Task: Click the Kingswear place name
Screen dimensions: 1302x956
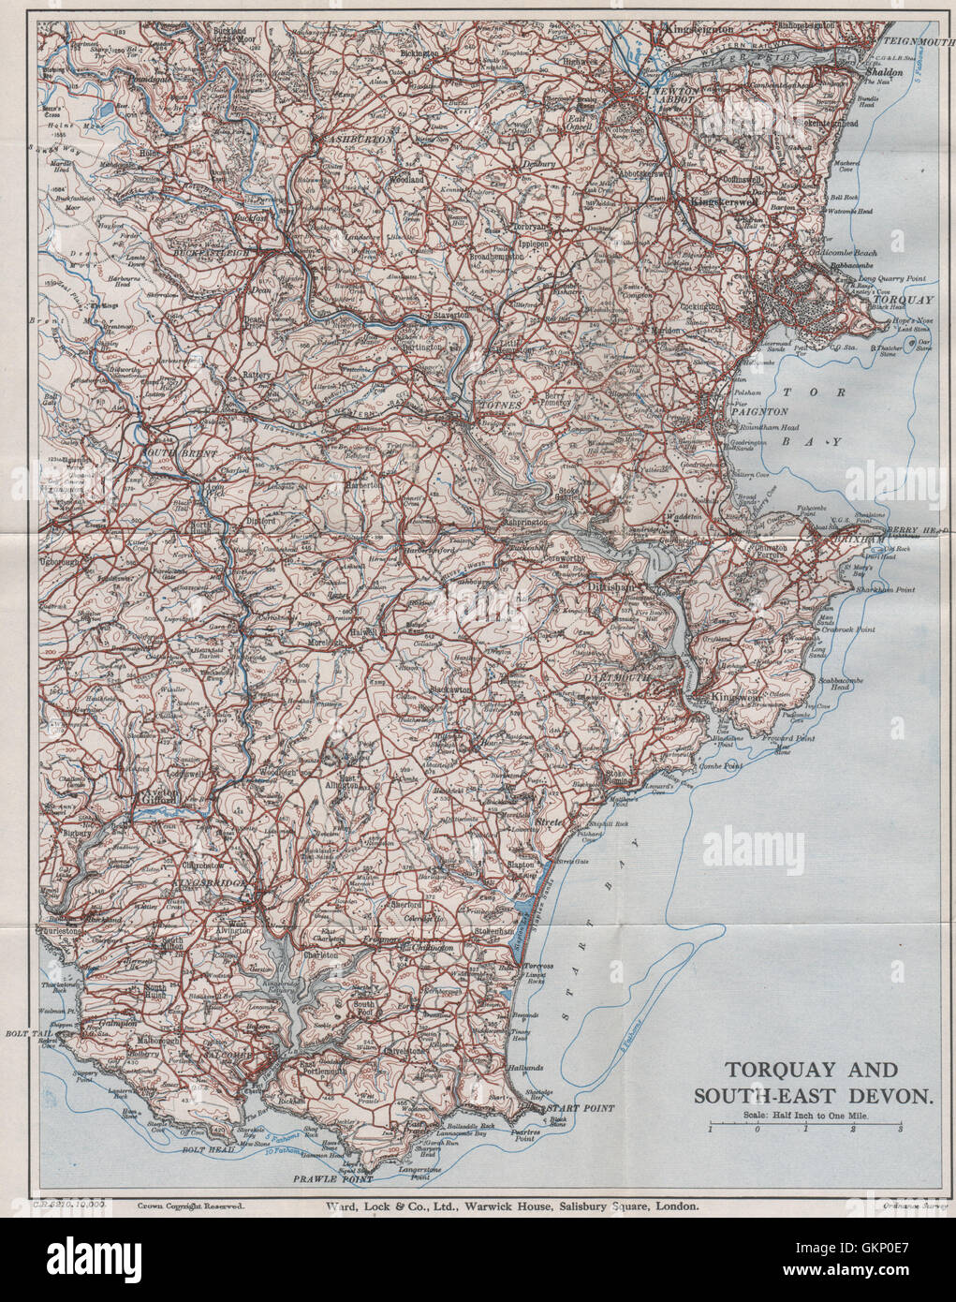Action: [x=736, y=700]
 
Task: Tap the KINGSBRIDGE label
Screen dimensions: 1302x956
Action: [x=209, y=883]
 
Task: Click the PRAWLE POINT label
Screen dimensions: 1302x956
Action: [x=320, y=1177]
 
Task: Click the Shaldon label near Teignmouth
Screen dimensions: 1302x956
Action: [x=883, y=71]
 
